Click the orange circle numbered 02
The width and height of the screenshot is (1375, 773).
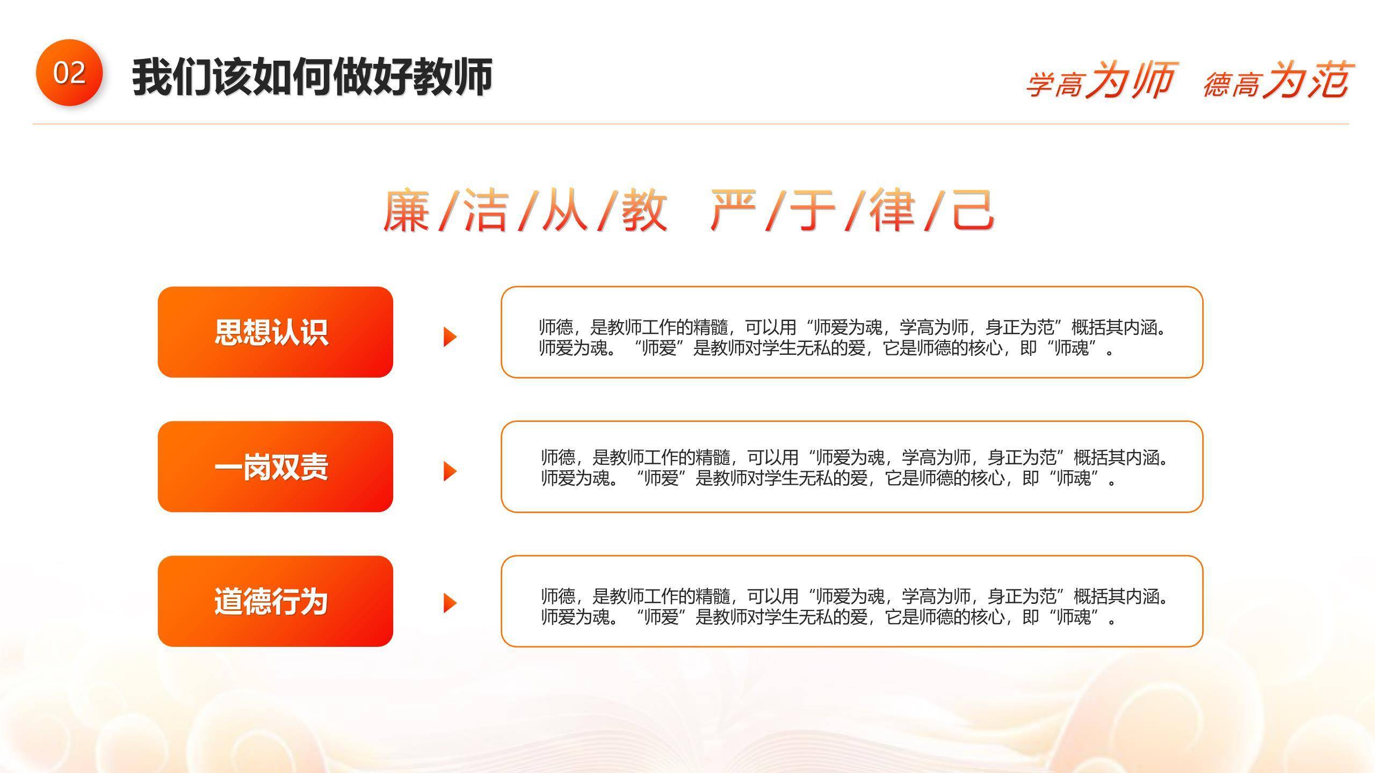point(69,72)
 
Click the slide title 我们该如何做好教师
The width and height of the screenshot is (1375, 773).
point(312,77)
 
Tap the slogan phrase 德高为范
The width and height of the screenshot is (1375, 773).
point(1276,81)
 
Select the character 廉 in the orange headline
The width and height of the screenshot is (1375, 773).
point(407,210)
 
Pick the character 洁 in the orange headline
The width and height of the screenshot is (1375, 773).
point(486,210)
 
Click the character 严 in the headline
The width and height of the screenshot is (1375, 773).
point(734,210)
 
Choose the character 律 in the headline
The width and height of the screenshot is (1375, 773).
point(892,210)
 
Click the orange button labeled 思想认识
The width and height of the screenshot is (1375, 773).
point(275,332)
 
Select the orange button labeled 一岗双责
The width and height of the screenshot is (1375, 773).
point(275,466)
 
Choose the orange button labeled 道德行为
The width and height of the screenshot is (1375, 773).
point(275,601)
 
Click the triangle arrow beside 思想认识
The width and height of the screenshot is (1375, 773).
point(450,337)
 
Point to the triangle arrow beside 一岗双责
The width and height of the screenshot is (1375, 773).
point(450,471)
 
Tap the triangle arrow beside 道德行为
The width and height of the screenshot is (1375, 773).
point(450,603)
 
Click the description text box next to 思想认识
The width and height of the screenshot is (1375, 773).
point(852,332)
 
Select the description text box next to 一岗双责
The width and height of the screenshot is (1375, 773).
point(852,466)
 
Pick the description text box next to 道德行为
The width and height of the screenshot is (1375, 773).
point(852,601)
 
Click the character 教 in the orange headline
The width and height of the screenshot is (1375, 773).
point(645,210)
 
